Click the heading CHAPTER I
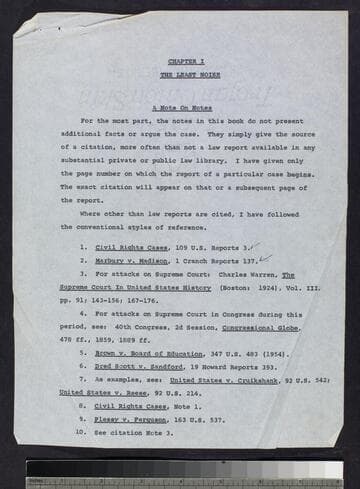pos(179,62)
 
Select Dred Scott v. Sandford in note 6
pos(132,366)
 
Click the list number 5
pos(83,353)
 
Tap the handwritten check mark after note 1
pos(255,243)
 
